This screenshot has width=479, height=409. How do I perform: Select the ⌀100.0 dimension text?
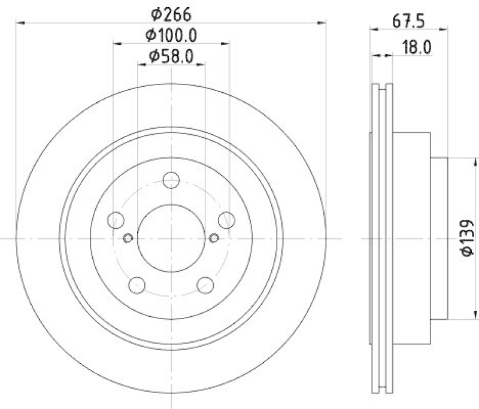tap(171, 35)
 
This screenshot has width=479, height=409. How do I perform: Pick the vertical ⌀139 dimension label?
tap(468, 238)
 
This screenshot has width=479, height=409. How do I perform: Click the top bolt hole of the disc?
tap(171, 179)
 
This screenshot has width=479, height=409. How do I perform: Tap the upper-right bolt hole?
tap(226, 219)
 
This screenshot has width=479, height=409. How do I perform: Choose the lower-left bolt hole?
tap(137, 284)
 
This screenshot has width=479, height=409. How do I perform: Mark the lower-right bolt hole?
tap(205, 284)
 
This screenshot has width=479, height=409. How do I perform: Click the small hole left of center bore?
tap(127, 238)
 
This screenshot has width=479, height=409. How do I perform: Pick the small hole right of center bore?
tap(216, 238)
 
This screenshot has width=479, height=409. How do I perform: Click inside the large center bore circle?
tap(171, 238)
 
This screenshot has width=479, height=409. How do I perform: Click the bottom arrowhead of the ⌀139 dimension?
tap(476, 317)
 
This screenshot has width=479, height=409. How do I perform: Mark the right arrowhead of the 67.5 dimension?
tap(444, 28)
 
